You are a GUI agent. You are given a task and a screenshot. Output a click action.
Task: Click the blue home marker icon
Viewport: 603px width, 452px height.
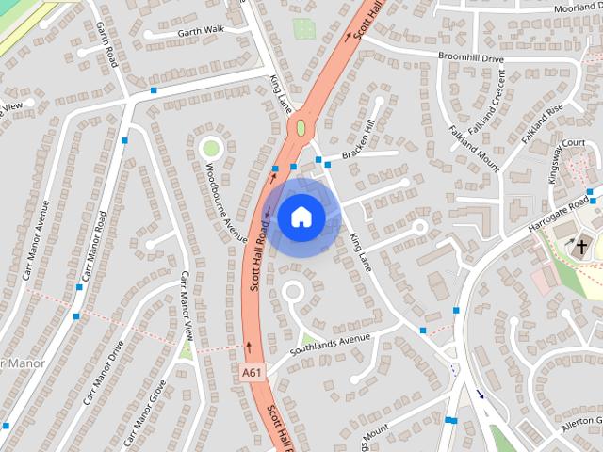[x=301, y=217]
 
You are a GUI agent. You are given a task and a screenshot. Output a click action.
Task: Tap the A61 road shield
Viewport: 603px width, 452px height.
[x=251, y=373]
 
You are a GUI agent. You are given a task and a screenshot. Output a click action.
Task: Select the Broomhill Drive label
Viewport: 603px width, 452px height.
[x=471, y=56]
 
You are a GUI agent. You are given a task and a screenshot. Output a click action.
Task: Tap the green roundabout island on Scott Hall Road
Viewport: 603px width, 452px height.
[x=301, y=127]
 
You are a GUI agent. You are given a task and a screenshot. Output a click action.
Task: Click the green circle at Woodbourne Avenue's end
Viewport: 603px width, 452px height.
[x=210, y=147]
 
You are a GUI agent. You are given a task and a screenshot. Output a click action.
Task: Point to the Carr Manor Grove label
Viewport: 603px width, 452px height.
[x=145, y=412]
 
